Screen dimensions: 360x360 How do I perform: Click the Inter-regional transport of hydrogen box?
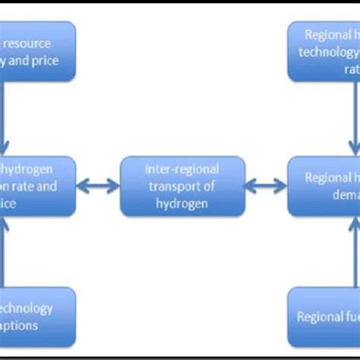point(182,185)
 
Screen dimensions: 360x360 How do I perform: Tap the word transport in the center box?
point(182,186)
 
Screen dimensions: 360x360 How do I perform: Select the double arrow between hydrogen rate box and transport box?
point(98,185)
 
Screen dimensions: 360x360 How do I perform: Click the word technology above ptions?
point(27,308)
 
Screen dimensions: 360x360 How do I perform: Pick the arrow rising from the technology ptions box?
point(5,251)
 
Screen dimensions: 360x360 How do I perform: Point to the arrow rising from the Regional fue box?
point(354,251)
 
